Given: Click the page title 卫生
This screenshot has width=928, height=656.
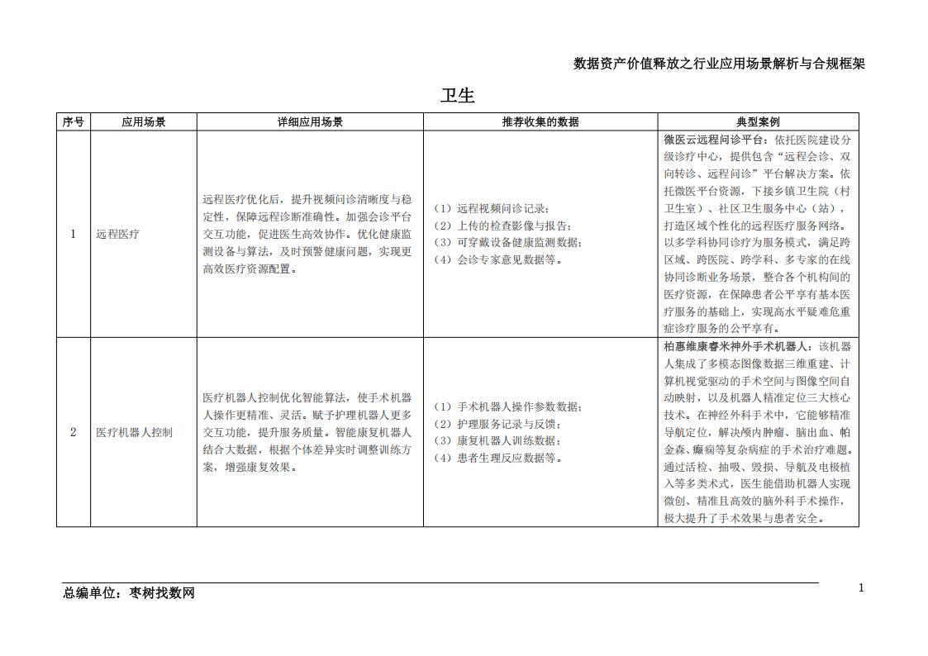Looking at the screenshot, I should (458, 96).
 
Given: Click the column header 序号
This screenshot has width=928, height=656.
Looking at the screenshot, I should (73, 121).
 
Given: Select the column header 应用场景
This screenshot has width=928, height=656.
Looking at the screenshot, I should (144, 121).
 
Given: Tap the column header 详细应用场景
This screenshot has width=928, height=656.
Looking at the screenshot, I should (310, 121).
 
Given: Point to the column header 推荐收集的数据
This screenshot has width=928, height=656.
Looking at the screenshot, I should (540, 121).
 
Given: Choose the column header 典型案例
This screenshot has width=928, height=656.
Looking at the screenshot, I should (758, 121).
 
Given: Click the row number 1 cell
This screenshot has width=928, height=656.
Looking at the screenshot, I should (73, 234).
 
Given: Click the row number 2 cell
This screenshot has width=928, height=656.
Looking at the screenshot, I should (73, 432).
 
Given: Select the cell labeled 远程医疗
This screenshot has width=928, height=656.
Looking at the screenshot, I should (118, 234).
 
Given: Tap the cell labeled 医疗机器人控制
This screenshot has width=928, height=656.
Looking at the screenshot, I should (135, 432).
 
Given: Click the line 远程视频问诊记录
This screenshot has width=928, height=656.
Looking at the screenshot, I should (492, 208).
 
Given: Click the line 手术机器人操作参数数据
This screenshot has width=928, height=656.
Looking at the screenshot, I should (508, 406).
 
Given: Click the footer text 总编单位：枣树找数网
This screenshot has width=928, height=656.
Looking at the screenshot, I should (129, 593).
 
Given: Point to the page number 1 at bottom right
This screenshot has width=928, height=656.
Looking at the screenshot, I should (861, 588).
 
